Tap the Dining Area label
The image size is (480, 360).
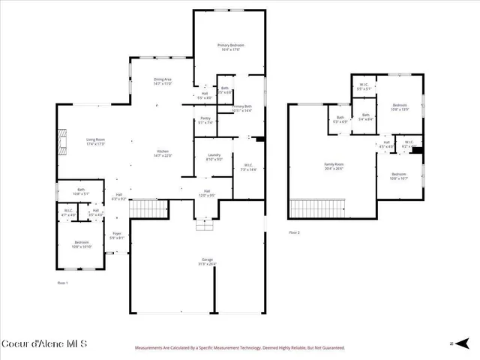point(163,82)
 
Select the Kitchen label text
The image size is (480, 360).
point(163,154)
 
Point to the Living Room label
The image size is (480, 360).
point(95,141)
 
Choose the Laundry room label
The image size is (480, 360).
point(213,157)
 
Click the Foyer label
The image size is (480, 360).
point(117,235)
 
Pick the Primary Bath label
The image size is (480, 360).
point(242,109)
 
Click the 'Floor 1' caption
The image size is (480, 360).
point(63,283)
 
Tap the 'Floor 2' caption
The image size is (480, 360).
point(294,233)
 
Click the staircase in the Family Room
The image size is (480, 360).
point(318,208)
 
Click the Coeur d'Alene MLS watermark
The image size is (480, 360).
point(44,344)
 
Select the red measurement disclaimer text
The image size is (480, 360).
point(239,348)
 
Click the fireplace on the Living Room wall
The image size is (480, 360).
point(64,140)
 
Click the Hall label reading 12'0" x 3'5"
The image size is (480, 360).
point(206,194)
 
